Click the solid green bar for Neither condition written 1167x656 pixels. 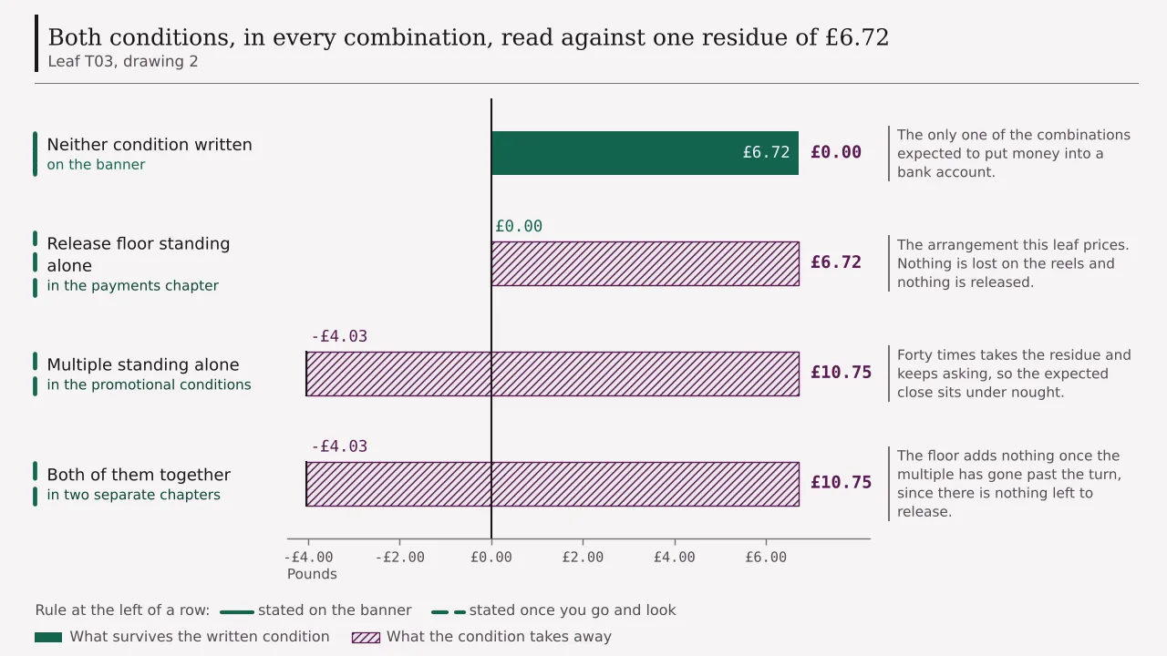point(645,153)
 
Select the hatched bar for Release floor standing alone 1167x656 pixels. point(645,263)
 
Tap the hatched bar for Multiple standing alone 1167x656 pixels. point(553,374)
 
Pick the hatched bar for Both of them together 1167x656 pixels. point(553,484)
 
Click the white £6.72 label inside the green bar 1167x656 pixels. point(766,152)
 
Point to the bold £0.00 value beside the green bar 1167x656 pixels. point(836,152)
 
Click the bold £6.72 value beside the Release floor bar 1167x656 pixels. point(836,262)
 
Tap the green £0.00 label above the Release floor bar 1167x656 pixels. point(519,226)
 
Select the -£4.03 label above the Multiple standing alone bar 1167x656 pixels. point(339,336)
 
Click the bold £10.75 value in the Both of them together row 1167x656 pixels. point(841,483)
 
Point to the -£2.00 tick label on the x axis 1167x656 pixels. point(399,557)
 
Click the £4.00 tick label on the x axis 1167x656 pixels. point(674,557)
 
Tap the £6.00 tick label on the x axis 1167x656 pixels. point(766,557)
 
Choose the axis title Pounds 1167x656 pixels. point(312,574)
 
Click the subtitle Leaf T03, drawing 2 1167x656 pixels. point(123,61)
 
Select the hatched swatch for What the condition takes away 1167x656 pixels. point(366,637)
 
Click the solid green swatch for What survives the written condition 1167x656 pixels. point(48,637)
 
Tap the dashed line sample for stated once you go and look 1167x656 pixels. point(448,612)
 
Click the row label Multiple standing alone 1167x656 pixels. point(143,364)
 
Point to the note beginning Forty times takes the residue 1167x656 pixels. point(1014,374)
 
